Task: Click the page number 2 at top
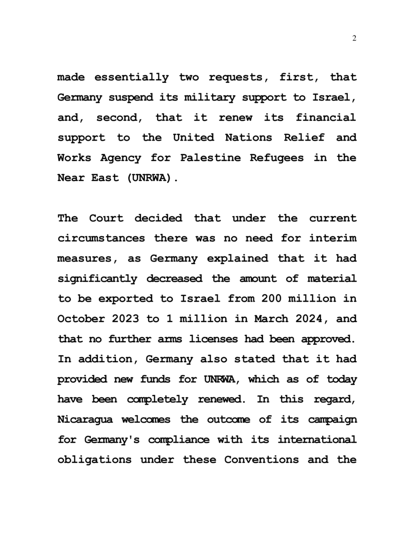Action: (355, 39)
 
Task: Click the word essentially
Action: (131, 77)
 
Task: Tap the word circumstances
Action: (101, 239)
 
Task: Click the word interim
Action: (336, 239)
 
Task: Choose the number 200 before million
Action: (271, 299)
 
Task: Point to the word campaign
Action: (332, 420)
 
